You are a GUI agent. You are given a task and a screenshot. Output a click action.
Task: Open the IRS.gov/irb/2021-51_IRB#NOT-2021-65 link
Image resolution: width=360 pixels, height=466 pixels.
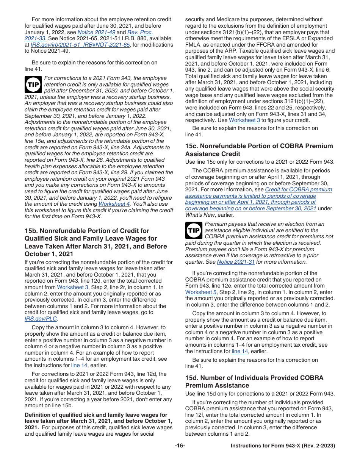[80, 45]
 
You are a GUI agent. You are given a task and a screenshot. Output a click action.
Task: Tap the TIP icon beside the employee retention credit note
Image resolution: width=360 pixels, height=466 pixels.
[33, 84]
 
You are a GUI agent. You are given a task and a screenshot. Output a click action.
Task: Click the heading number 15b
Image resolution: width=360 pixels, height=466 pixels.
[31, 231]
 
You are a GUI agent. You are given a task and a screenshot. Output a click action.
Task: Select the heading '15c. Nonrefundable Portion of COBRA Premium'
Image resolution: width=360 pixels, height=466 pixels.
[259, 146]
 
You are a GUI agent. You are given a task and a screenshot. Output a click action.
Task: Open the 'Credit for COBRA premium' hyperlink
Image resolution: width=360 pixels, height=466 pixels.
[298, 189]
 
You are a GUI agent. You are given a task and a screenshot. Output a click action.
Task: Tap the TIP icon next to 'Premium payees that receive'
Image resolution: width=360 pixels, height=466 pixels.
[194, 230]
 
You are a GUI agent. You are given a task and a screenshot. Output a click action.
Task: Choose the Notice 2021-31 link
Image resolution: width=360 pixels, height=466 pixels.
[235, 262]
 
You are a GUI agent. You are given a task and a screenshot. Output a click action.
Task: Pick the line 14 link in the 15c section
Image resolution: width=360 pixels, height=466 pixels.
[239, 351]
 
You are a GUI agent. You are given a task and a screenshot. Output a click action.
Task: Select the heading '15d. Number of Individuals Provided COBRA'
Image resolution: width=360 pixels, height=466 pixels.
[254, 378]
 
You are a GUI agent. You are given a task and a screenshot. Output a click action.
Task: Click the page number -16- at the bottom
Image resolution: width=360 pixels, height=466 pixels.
[180, 446]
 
